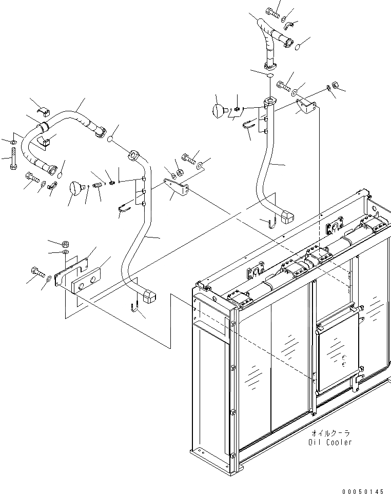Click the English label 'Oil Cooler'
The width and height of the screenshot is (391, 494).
(330, 442)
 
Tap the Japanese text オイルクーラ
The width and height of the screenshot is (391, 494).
(330, 433)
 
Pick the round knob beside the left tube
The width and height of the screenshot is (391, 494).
(75, 188)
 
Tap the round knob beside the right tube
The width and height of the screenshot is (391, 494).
(220, 110)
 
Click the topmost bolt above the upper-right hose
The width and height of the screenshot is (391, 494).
(273, 11)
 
